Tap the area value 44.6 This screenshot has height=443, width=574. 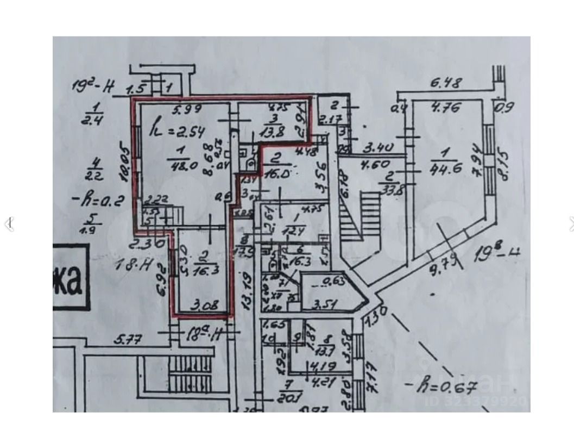[x=446, y=167]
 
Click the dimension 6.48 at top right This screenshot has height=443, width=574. [x=446, y=83]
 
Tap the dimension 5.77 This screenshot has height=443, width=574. [x=128, y=340]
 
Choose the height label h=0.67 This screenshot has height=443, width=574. [x=440, y=387]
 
